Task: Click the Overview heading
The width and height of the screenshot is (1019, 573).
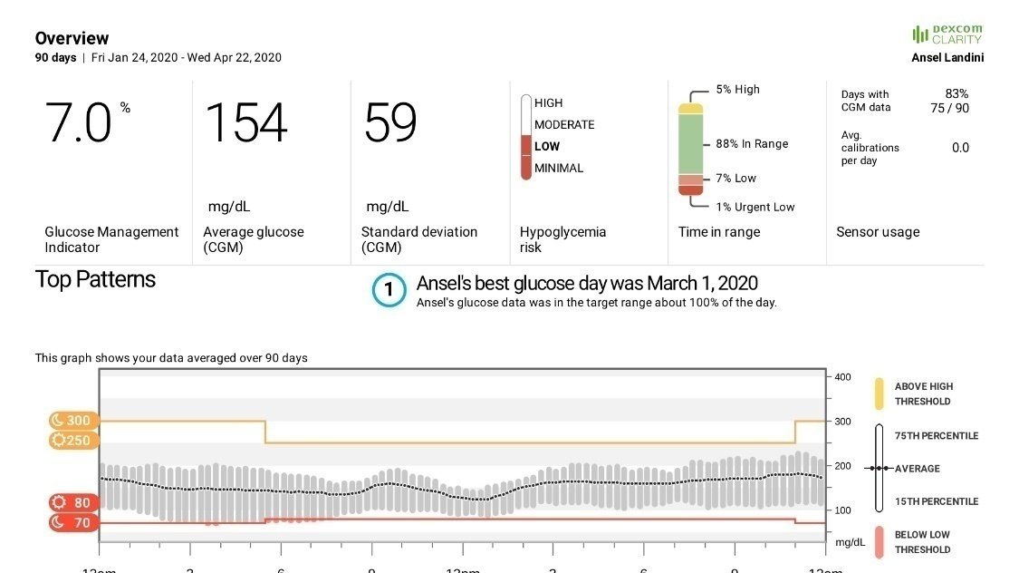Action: pyautogui.click(x=72, y=38)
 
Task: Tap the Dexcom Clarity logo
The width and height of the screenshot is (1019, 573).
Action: pyautogui.click(x=947, y=34)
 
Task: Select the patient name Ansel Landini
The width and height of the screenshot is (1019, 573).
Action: pyautogui.click(x=947, y=58)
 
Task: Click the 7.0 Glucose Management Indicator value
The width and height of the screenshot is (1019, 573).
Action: pyautogui.click(x=79, y=123)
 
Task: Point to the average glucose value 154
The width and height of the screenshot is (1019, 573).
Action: pyautogui.click(x=246, y=123)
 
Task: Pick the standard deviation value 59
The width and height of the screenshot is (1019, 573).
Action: pyautogui.click(x=390, y=123)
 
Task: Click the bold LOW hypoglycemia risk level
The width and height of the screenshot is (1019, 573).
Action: pyautogui.click(x=547, y=146)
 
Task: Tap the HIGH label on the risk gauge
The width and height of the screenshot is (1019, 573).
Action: pyautogui.click(x=548, y=103)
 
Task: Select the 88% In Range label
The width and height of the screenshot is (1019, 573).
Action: pyautogui.click(x=752, y=144)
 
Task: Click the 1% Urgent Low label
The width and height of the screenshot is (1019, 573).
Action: pyautogui.click(x=755, y=207)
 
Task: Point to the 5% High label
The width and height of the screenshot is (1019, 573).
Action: pyautogui.click(x=737, y=90)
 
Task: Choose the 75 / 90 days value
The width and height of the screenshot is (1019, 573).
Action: pyautogui.click(x=949, y=108)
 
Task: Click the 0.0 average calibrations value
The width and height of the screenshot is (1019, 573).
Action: pyautogui.click(x=960, y=148)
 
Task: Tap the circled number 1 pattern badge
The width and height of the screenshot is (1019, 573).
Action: pyautogui.click(x=389, y=290)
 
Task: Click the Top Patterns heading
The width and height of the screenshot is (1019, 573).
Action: pyautogui.click(x=95, y=279)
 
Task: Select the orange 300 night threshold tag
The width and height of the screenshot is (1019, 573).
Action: pyautogui.click(x=72, y=421)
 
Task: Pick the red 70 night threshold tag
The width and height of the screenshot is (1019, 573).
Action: pyautogui.click(x=72, y=522)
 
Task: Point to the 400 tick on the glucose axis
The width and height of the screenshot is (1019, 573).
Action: pyautogui.click(x=842, y=376)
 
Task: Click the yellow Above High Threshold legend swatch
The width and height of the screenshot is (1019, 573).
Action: pyautogui.click(x=879, y=393)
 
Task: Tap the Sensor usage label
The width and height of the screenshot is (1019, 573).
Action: pyautogui.click(x=877, y=232)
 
